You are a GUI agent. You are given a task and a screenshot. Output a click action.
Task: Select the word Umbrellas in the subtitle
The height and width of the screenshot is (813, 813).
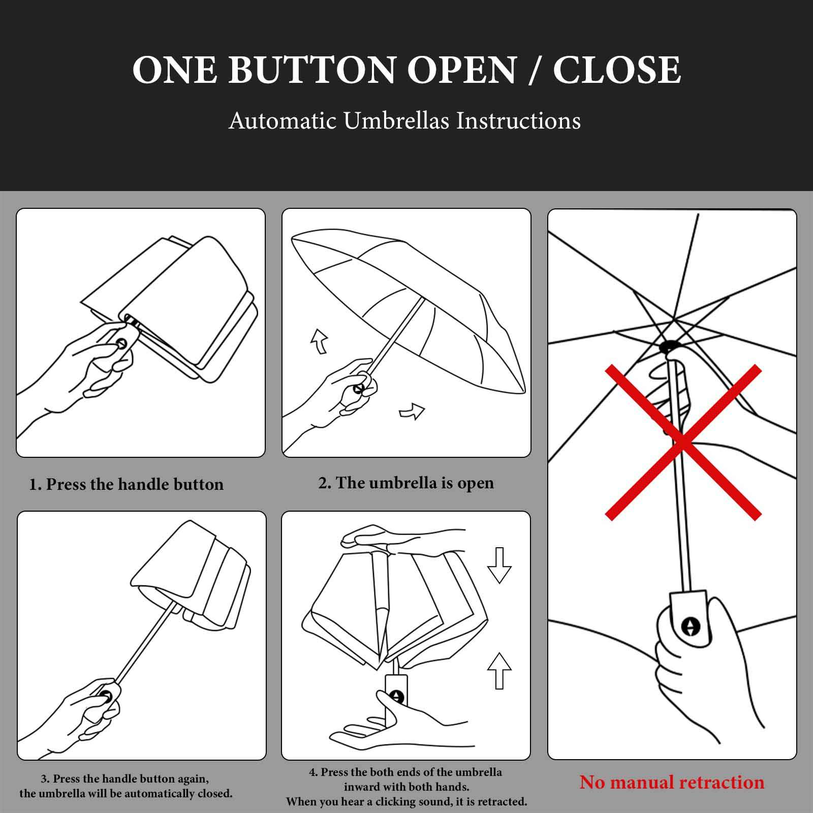click(x=396, y=121)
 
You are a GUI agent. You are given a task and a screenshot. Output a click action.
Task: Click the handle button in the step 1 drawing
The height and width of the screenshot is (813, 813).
click(x=122, y=343)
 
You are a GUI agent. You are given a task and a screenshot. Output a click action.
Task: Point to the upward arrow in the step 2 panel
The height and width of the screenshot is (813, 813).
click(x=320, y=340)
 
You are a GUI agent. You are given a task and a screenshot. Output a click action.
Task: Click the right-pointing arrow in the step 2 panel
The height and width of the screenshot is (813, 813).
click(x=412, y=412)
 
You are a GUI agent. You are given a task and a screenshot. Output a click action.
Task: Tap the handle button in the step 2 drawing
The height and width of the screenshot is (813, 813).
click(x=358, y=390)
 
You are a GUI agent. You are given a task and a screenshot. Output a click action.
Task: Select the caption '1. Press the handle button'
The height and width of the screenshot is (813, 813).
click(x=126, y=484)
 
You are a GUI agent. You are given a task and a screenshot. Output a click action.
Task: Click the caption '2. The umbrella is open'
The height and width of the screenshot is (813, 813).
click(x=406, y=483)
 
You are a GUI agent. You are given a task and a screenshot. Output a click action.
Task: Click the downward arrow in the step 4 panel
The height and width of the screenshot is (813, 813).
click(x=499, y=565)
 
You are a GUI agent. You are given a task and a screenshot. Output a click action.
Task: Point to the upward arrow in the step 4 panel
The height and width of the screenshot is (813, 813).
click(x=499, y=671)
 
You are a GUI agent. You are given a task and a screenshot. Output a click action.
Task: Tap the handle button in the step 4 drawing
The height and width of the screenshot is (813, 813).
click(x=397, y=697)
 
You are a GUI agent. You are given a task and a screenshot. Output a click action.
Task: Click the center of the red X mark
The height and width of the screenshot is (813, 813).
click(x=683, y=443)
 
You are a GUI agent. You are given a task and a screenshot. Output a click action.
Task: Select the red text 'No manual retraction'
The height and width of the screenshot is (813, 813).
click(x=672, y=782)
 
